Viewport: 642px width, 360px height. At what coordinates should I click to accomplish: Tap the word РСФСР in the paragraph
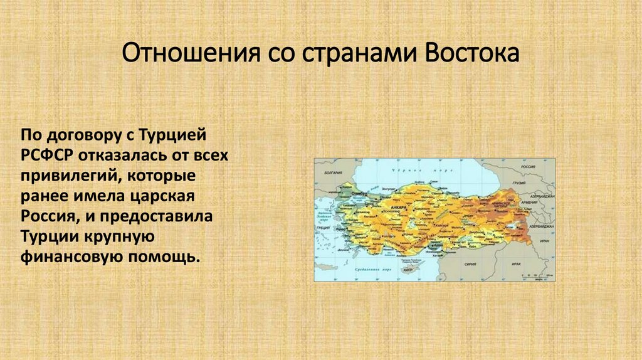tap(43, 155)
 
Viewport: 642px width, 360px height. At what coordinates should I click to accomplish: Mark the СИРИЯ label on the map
tap(470, 265)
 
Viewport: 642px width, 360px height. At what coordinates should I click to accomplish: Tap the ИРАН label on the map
tap(544, 243)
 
